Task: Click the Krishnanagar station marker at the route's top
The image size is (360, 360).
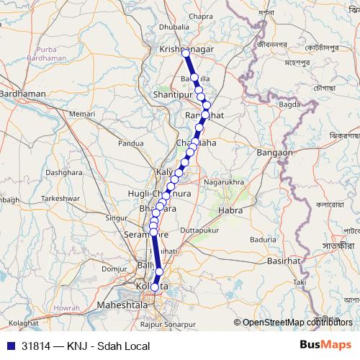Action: click(x=186, y=53)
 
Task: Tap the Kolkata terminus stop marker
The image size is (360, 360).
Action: click(x=155, y=287)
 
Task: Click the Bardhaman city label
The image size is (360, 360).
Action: click(x=24, y=94)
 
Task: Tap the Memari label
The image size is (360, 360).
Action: click(x=83, y=114)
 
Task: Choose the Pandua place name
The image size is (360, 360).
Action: click(x=131, y=143)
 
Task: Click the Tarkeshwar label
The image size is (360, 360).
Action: click(x=58, y=197)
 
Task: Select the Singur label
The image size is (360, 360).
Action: click(x=116, y=217)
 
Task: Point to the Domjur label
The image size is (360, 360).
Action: click(x=114, y=268)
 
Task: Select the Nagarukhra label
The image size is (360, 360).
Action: click(x=225, y=183)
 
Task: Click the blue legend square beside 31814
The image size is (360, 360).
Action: click(x=9, y=346)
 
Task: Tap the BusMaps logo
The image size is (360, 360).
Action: click(x=325, y=346)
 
